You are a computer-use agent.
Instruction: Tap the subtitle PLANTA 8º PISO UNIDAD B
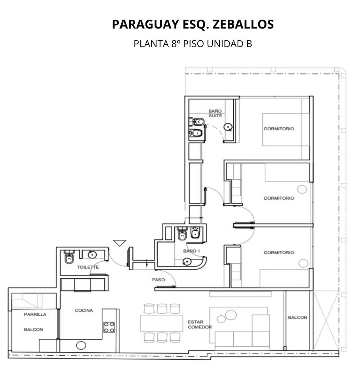[193, 44]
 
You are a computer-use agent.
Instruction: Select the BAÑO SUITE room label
[215, 113]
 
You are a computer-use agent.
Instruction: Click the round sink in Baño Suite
[228, 127]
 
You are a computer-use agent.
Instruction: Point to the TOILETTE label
[88, 267]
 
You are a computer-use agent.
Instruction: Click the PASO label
[158, 280]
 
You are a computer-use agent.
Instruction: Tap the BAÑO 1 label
[191, 251]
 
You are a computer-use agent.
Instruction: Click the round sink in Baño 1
[187, 262]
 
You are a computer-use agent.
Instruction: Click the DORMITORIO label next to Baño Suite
[279, 128]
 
